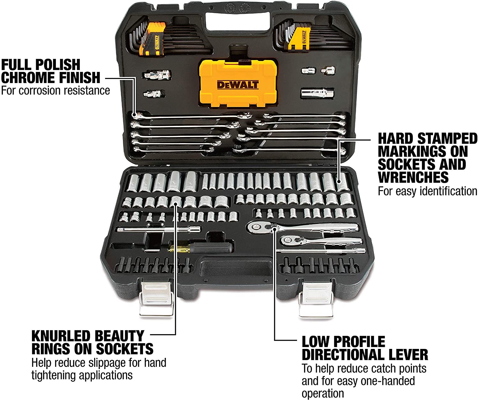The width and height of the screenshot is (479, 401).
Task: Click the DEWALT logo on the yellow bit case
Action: click(x=238, y=85)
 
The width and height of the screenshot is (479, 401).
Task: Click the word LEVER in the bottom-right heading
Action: click(x=407, y=355)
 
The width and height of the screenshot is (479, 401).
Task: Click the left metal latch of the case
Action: click(x=156, y=299)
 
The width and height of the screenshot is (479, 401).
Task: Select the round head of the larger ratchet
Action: click(x=255, y=227)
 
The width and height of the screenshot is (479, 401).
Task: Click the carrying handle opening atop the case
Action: click(x=238, y=21)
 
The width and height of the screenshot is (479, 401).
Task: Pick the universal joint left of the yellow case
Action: click(x=157, y=75)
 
